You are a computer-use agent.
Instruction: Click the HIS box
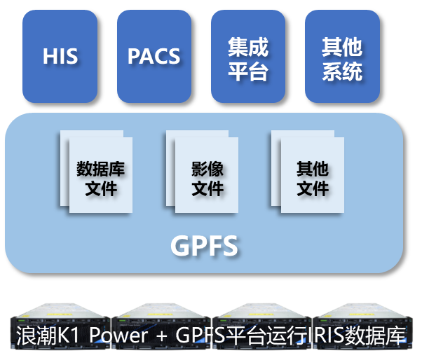point(60,56)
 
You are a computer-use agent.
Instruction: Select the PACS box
point(154,56)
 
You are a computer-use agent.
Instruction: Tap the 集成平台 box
point(247,56)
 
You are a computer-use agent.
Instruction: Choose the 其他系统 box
point(342,56)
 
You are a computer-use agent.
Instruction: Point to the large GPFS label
point(204,246)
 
